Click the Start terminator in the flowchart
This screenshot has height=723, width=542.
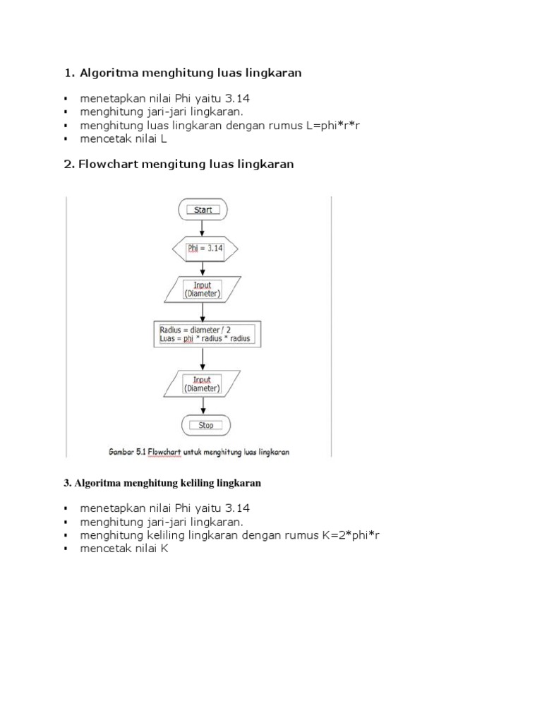[203, 210]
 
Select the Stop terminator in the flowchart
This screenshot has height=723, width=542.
[205, 425]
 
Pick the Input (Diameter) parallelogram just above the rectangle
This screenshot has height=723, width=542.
[203, 289]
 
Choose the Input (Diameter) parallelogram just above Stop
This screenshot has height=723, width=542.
[203, 384]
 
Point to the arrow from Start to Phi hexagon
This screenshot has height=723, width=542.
[203, 228]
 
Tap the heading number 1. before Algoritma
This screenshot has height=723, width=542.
[69, 73]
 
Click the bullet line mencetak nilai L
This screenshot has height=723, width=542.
[124, 138]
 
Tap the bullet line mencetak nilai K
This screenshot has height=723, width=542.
[124, 549]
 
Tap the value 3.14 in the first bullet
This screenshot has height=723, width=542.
[236, 98]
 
